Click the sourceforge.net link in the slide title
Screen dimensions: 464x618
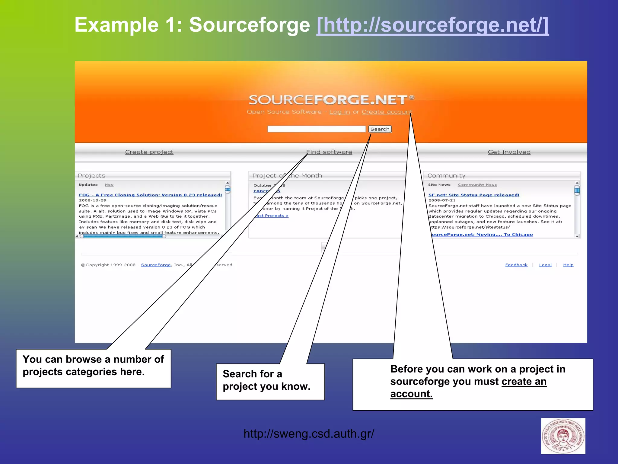pyautogui.click(x=432, y=25)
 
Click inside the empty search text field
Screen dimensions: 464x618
pyautogui.click(x=316, y=129)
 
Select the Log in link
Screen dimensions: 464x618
pyautogui.click(x=339, y=112)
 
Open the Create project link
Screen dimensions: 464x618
pyautogui.click(x=149, y=152)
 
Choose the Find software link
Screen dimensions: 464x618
pyautogui.click(x=329, y=152)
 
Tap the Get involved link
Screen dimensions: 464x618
pyautogui.click(x=509, y=152)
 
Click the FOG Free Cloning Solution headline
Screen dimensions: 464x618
pyautogui.click(x=150, y=195)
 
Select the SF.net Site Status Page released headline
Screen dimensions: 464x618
pyautogui.click(x=474, y=195)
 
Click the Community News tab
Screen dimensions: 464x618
pyautogui.click(x=477, y=184)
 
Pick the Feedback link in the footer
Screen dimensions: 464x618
pyautogui.click(x=516, y=265)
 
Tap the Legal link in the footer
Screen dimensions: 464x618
pyautogui.click(x=545, y=265)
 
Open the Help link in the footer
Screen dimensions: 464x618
pyautogui.click(x=568, y=265)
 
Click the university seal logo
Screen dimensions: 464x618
pyautogui.click(x=563, y=436)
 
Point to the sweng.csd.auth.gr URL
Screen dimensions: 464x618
pyautogui.click(x=309, y=434)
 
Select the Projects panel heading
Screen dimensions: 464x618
pyautogui.click(x=91, y=175)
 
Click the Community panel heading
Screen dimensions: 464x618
pyautogui.click(x=446, y=175)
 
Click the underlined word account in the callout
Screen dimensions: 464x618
pyautogui.click(x=411, y=394)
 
